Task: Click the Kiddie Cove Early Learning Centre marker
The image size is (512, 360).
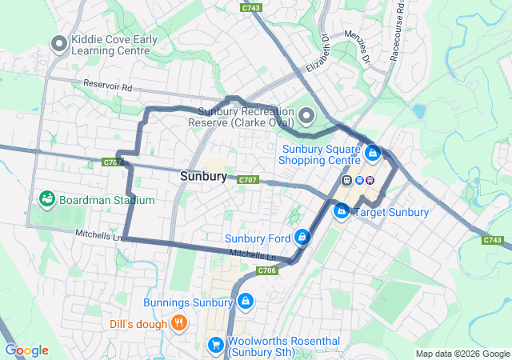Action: coord(58,44)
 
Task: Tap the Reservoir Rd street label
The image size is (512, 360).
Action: coord(106,85)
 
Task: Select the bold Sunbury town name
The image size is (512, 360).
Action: coord(203,176)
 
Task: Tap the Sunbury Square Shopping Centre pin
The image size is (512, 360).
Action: coord(372,151)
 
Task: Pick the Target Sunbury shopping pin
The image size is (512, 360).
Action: coord(342,211)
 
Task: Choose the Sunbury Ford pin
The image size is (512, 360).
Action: coord(302,237)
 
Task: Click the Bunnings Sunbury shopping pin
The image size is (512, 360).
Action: coord(245,302)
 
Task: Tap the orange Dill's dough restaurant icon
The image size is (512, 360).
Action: coord(179,323)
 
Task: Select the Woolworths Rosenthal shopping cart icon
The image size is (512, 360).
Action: coord(215,345)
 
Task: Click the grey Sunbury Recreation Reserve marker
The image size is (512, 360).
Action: coord(306,118)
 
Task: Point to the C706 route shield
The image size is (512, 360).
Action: coord(267,271)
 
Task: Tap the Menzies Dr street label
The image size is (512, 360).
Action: coord(357,47)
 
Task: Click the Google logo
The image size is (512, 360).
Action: coord(26,350)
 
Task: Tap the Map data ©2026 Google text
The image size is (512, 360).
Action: coord(462,354)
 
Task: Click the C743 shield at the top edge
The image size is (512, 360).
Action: coord(251,7)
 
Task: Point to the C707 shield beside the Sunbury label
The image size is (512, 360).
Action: coord(247,180)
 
